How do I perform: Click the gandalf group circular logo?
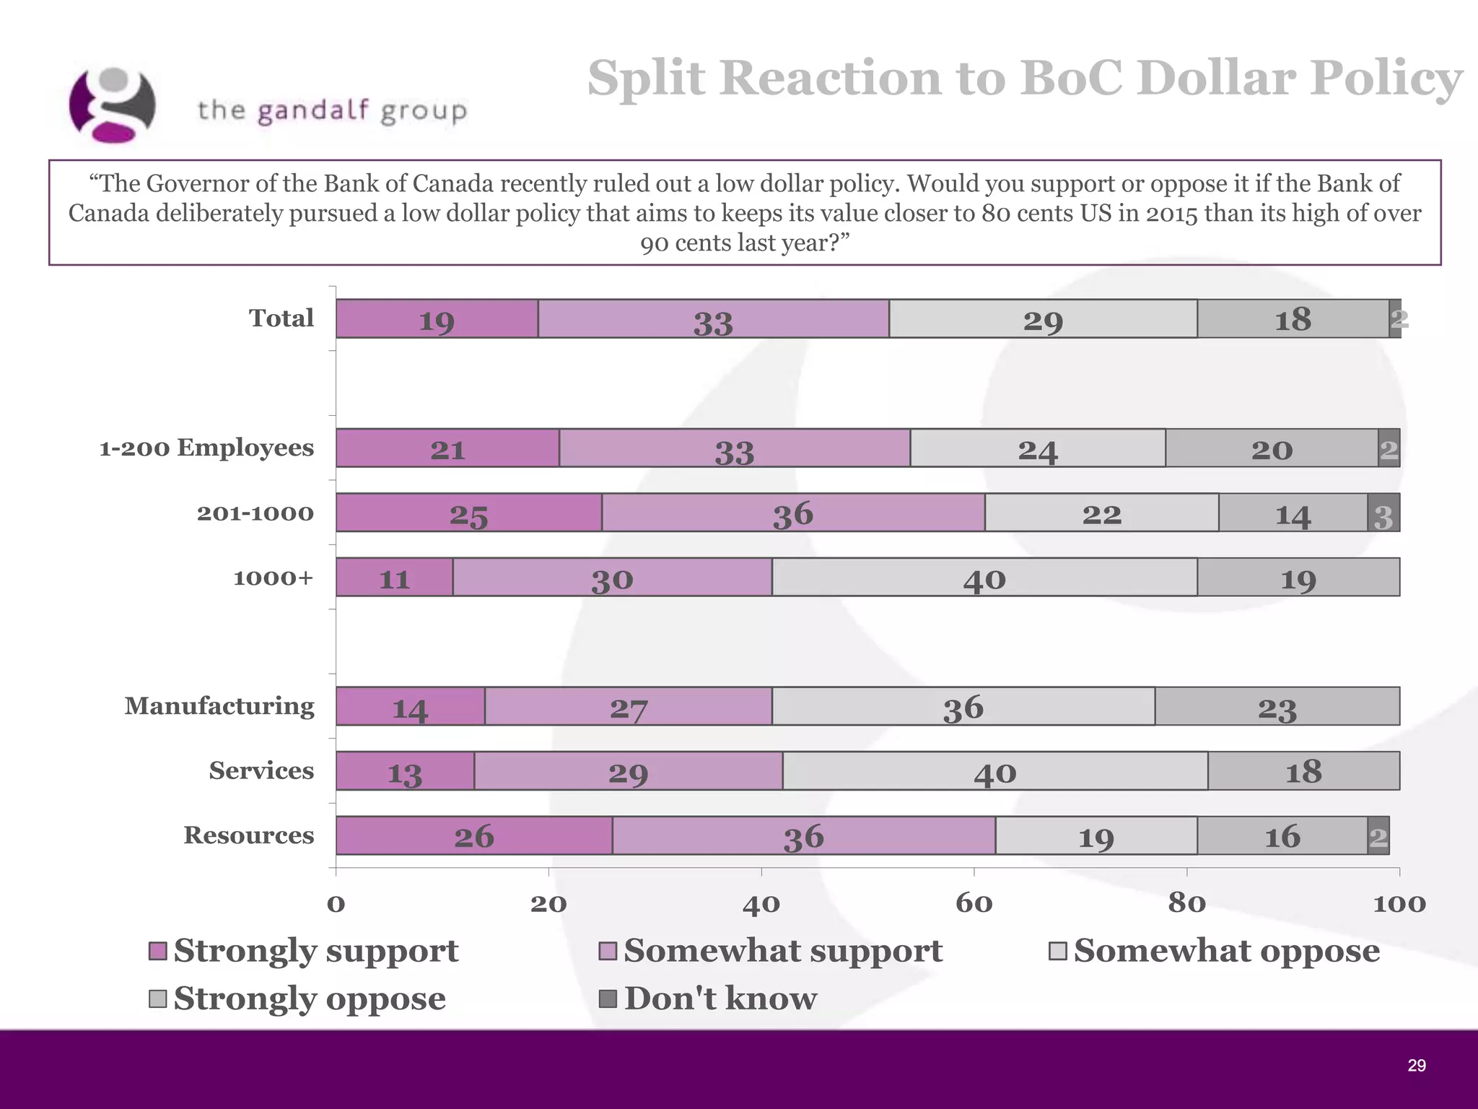tap(113, 105)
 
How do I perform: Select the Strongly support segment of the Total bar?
tap(437, 318)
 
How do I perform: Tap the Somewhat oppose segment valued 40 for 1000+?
tap(984, 577)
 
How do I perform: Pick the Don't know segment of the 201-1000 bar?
tap(1383, 513)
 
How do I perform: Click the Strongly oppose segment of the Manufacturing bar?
tap(1277, 706)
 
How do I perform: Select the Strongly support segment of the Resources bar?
tap(473, 835)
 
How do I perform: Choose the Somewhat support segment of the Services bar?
tap(628, 771)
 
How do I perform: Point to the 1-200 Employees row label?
tap(206, 448)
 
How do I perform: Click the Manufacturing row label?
tap(219, 706)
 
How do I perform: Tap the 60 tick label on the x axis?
tap(974, 903)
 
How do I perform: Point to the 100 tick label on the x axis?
tap(1399, 903)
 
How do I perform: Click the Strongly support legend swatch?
tap(158, 951)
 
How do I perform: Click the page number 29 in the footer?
tap(1416, 1066)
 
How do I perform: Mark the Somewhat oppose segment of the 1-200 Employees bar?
tap(1037, 448)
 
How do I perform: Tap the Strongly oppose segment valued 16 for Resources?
tap(1282, 835)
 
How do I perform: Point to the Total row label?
tap(281, 318)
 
